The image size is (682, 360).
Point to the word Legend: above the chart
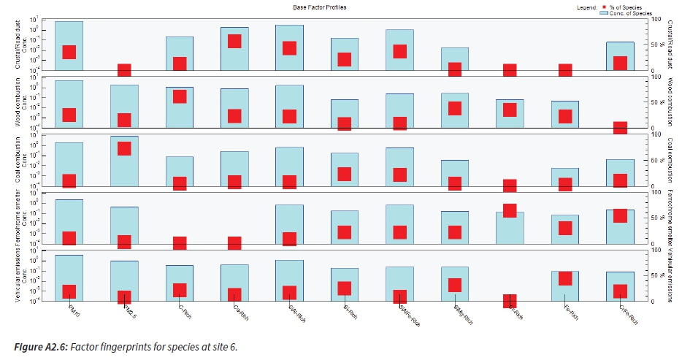point(586,7)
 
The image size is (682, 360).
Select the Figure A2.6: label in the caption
point(35,347)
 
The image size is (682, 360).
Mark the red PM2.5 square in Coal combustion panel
point(124,148)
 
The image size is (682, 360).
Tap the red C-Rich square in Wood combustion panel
point(180,96)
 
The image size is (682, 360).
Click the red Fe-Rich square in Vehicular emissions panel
point(565,278)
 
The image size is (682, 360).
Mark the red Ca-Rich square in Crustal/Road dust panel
point(234,41)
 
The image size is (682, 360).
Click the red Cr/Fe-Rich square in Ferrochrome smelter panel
point(620,215)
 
